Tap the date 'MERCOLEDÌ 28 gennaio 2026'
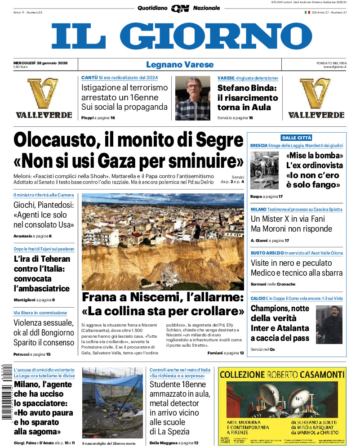click(x=40, y=62)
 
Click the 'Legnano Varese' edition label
click(x=180, y=65)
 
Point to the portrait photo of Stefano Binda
click(x=192, y=98)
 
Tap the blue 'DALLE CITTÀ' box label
click(x=296, y=138)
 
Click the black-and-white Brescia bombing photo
click(x=264, y=170)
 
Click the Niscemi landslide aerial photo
click(x=163, y=241)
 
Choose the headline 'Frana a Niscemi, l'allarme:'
click(x=162, y=297)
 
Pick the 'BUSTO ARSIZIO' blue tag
click(x=267, y=253)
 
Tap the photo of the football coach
click(x=329, y=324)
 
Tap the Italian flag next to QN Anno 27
click(x=307, y=13)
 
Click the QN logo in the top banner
click(x=180, y=8)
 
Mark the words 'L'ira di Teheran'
click(x=42, y=259)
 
